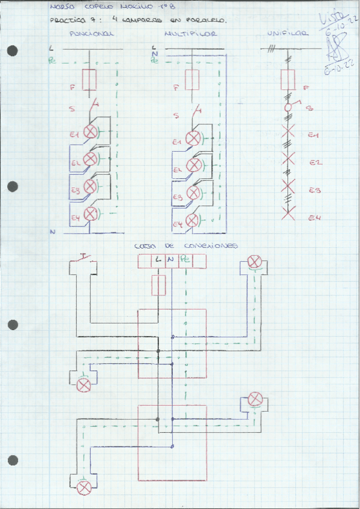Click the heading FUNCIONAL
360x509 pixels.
pos(91,34)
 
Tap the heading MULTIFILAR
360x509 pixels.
pos(190,34)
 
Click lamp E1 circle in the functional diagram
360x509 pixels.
pos(90,132)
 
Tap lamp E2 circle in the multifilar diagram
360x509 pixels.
pos(193,166)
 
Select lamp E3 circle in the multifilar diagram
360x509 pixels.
pos(193,193)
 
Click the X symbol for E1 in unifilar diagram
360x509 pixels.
pos(289,132)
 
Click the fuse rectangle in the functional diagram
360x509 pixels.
pos(90,79)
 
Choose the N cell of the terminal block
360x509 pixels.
pos(172,261)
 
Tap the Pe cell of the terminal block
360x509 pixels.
pos(185,261)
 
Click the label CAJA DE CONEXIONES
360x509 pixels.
pos(186,245)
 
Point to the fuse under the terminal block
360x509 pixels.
pos(158,286)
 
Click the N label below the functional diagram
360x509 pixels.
pos(53,231)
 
